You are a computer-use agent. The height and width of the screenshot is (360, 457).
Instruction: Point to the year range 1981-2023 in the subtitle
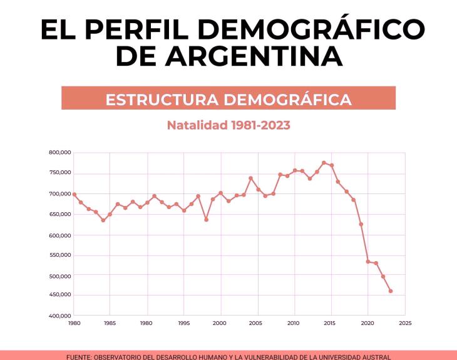(260, 125)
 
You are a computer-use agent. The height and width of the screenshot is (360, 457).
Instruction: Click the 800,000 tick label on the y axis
(59, 152)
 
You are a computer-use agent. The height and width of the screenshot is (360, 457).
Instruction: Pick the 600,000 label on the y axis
(59, 235)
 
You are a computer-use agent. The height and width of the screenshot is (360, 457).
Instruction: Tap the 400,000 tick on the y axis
(59, 316)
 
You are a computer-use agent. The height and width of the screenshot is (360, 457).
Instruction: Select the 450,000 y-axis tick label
(59, 295)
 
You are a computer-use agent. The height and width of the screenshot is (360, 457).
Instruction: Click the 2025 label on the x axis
(405, 323)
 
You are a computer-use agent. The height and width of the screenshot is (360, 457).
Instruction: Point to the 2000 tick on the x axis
(220, 323)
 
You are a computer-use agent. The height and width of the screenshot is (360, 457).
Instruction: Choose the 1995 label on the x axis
(184, 323)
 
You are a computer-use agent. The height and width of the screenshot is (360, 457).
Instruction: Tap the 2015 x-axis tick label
(331, 323)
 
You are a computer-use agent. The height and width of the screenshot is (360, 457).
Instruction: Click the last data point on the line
(391, 291)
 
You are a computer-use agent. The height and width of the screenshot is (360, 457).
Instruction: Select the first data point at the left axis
(74, 194)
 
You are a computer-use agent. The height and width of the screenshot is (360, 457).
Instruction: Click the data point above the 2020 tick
(368, 262)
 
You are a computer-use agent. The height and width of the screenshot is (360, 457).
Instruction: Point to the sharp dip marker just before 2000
(206, 220)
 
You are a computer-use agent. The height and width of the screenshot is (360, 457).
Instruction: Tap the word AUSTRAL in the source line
(374, 357)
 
